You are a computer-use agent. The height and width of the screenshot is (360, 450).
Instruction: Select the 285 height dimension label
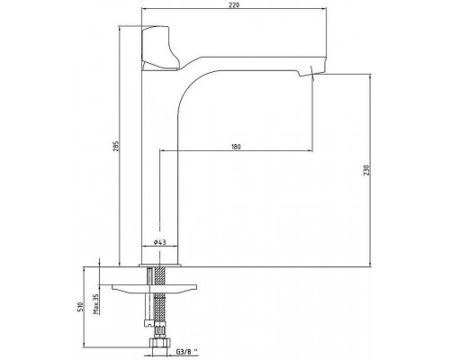click(117, 146)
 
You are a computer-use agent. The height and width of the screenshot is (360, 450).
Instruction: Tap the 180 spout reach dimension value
click(236, 147)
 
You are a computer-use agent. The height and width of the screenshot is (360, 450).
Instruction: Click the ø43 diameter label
click(159, 242)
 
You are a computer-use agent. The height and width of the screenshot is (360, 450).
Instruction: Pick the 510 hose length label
click(80, 308)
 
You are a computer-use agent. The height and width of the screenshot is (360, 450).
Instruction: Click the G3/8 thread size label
click(186, 351)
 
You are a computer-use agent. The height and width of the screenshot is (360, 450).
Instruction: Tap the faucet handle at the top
click(159, 48)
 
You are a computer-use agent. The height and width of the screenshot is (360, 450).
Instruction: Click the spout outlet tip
click(312, 73)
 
